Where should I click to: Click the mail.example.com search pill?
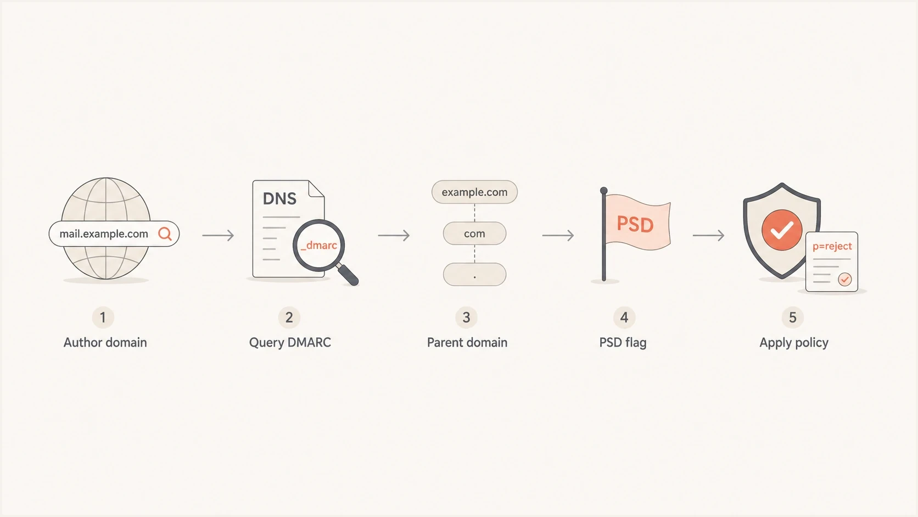[114, 234]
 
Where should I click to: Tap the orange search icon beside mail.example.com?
[165, 234]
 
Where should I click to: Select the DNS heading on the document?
[279, 199]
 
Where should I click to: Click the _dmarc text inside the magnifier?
[319, 246]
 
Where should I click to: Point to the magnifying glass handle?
[348, 274]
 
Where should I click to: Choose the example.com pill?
[474, 192]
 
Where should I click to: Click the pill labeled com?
[474, 234]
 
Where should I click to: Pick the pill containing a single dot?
[474, 274]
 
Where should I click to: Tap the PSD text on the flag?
[635, 225]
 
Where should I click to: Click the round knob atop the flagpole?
[603, 191]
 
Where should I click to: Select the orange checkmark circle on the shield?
[782, 230]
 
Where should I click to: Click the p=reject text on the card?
[832, 246]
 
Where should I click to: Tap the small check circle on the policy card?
[844, 280]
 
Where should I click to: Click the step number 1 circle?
[103, 318]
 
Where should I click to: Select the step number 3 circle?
[466, 318]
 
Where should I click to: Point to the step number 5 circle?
[793, 318]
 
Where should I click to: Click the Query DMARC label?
[290, 342]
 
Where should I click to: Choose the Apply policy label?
[794, 343]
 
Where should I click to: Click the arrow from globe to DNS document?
[218, 235]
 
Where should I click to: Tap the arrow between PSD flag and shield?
[709, 235]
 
